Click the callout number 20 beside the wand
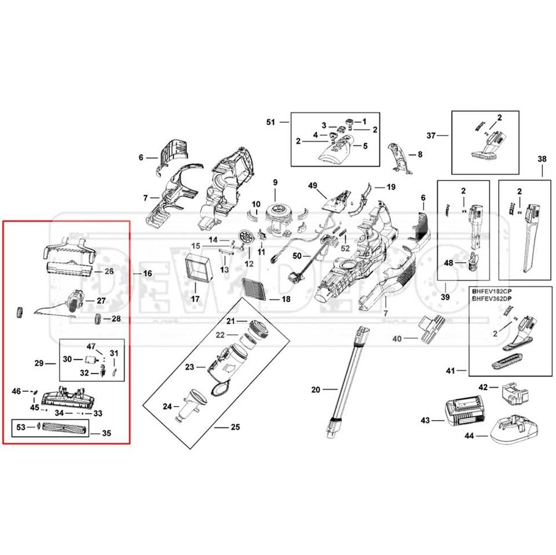click(316, 390)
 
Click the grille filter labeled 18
click(254, 286)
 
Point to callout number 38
click(542, 159)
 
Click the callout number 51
click(270, 122)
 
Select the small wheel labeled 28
click(98, 319)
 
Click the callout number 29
click(39, 363)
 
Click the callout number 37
click(431, 136)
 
